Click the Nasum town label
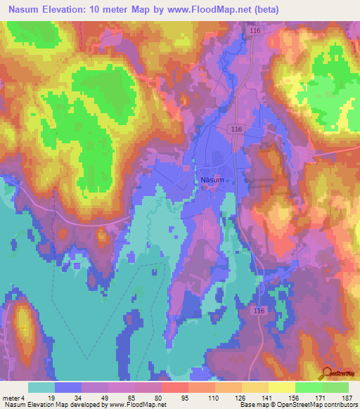point(212,180)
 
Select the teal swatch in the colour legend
point(41,387)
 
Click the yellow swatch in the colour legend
point(281,387)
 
